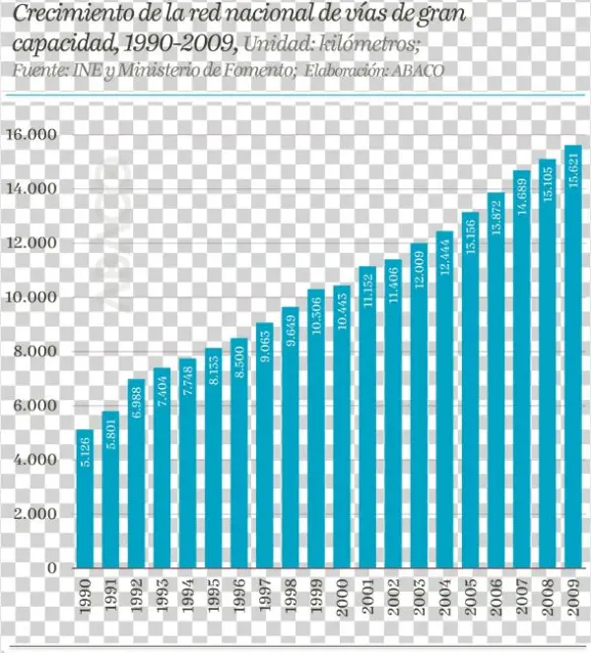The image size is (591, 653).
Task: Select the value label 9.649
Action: (x=291, y=336)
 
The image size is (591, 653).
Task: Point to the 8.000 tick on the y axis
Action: (x=33, y=352)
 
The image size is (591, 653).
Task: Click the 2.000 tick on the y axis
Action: (x=33, y=514)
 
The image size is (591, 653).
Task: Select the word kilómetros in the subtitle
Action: (x=371, y=44)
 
